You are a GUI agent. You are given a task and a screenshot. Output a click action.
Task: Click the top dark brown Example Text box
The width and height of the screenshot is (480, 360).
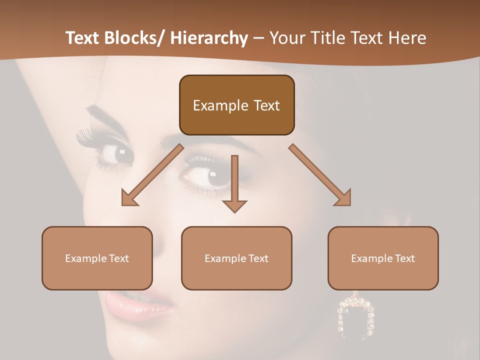(236, 105)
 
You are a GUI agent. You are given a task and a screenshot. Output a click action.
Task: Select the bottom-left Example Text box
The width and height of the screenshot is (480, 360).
(97, 258)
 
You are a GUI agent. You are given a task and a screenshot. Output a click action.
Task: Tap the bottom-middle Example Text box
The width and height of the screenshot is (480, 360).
(236, 258)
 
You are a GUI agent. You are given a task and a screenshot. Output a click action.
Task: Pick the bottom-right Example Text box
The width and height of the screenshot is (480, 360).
(383, 258)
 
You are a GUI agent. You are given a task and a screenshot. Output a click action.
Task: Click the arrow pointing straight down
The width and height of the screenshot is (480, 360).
(234, 183)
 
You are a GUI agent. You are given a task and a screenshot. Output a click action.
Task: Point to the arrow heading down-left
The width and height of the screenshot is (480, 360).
(152, 175)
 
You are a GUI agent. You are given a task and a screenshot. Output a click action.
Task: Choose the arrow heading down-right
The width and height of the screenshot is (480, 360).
(320, 175)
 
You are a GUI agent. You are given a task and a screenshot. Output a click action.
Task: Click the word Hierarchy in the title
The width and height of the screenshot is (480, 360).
(208, 38)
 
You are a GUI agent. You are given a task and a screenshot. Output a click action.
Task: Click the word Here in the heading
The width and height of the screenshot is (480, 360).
(408, 38)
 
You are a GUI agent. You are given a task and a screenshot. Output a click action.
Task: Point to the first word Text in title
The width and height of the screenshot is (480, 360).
(83, 38)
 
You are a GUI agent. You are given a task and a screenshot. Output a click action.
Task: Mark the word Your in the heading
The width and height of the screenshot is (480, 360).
(287, 38)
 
